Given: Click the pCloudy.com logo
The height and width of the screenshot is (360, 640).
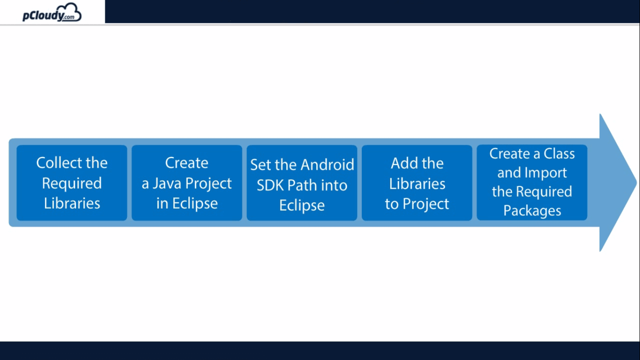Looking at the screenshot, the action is point(52,13).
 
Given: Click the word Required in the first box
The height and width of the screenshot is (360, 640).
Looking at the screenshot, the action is point(72,184).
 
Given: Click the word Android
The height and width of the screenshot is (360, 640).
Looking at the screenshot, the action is point(327,165).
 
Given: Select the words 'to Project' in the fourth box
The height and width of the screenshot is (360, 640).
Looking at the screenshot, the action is point(417,204).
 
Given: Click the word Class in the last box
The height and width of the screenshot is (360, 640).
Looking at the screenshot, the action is point(559,154).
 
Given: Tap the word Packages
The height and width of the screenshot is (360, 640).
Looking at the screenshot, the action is point(532,211).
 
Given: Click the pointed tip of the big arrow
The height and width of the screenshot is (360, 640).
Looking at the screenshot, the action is point(637,182).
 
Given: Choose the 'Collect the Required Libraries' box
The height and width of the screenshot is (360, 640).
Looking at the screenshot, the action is point(72,183).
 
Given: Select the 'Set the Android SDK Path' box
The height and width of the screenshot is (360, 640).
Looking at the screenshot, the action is point(302,183).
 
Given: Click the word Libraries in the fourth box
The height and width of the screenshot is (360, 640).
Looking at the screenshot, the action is point(417,184).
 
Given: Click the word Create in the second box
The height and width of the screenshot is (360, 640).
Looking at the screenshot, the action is point(186,163).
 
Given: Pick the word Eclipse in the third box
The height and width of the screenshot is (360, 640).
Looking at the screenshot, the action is point(302,206).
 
